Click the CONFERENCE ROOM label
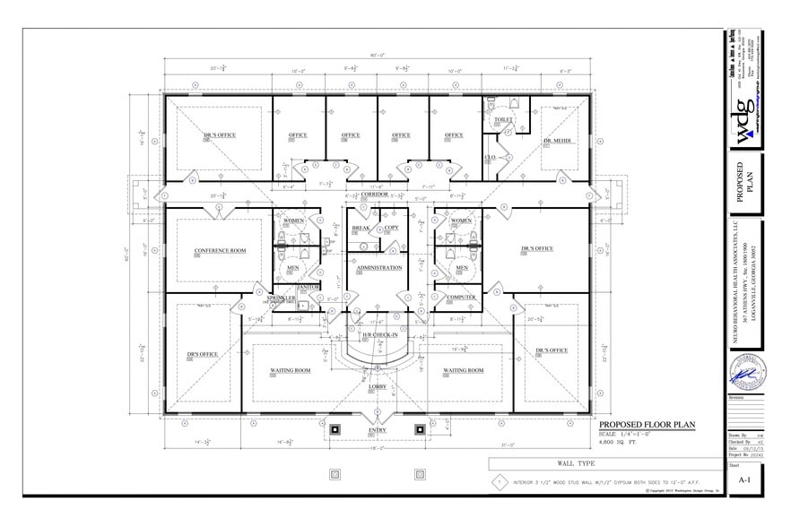(x=220, y=251)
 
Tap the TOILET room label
(x=502, y=119)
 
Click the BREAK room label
(x=361, y=229)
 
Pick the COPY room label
(x=391, y=229)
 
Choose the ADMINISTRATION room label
(x=379, y=268)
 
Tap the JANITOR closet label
(x=309, y=287)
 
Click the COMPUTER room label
(x=461, y=298)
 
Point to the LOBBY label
(x=377, y=386)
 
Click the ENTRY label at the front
(x=377, y=431)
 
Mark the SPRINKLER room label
(x=279, y=297)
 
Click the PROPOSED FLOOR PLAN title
(x=646, y=426)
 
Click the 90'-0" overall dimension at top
(x=377, y=56)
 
